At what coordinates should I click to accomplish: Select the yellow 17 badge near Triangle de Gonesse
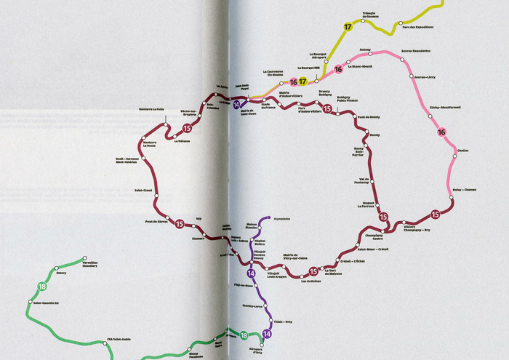tap(348, 27)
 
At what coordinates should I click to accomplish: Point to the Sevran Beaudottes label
tap(416, 51)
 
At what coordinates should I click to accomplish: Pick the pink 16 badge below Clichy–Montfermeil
tap(441, 132)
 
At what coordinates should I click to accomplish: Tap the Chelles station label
tap(463, 151)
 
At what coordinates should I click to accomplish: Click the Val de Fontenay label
tap(365, 181)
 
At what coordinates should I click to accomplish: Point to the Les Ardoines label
tap(310, 281)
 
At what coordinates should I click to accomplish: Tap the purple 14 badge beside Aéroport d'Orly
tap(268, 334)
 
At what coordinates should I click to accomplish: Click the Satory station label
tap(61, 273)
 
